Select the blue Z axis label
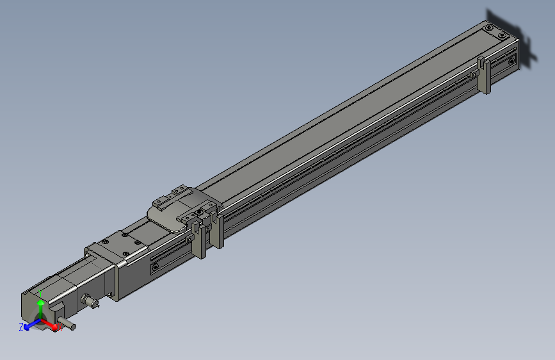[x=20, y=327]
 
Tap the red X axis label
[x=60, y=328]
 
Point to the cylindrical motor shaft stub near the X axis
[x=67, y=322]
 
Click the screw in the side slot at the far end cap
[x=511, y=61]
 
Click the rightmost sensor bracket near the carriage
[x=218, y=231]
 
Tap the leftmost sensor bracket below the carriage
[x=199, y=242]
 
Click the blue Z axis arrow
[x=29, y=325]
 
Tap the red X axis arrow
[x=51, y=325]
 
